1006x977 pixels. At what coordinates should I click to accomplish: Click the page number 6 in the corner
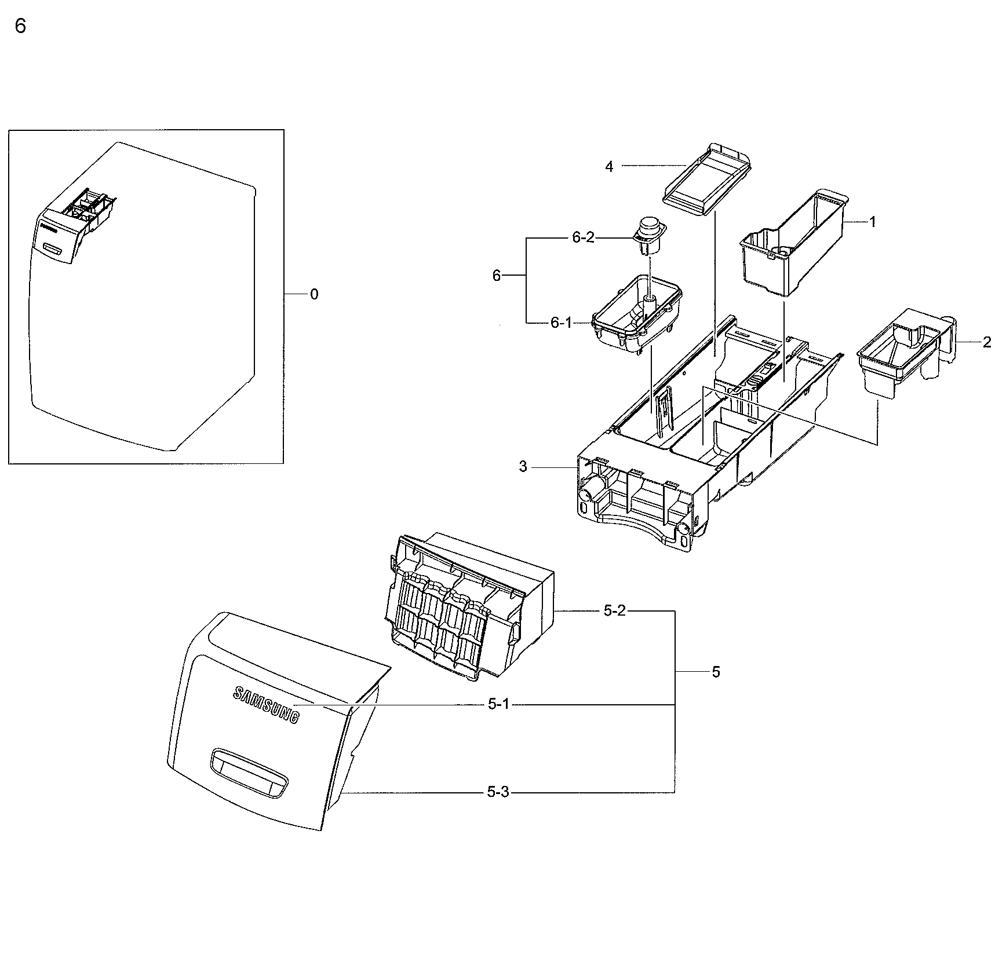(20, 27)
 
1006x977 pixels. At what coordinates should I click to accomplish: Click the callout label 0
(314, 295)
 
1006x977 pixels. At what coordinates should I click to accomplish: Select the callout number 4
(609, 167)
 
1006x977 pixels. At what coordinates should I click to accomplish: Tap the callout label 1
(873, 222)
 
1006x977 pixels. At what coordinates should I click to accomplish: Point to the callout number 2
(987, 342)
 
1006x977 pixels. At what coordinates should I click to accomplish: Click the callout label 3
(523, 467)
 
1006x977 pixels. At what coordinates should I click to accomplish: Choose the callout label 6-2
(583, 237)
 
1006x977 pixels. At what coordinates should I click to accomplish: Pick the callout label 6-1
(561, 323)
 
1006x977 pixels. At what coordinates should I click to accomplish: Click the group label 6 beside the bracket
(496, 276)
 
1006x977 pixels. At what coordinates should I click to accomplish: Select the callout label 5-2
(614, 611)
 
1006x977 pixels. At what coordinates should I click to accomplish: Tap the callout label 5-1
(498, 704)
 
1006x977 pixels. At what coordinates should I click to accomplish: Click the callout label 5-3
(498, 792)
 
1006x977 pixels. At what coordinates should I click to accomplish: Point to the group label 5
(716, 672)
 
